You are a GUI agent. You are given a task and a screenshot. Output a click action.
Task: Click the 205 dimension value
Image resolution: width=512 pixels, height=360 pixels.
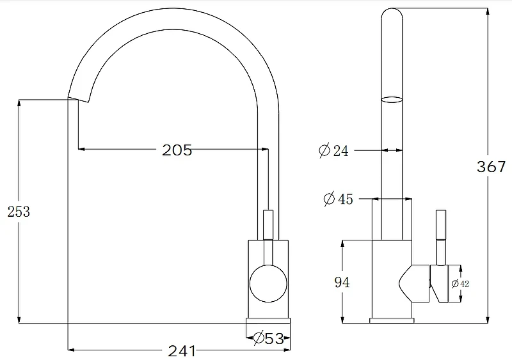click(177, 150)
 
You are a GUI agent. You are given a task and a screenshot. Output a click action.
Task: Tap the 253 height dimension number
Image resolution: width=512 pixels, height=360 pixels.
click(19, 212)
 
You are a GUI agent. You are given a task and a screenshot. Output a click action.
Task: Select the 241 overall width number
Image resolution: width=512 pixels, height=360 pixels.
click(182, 351)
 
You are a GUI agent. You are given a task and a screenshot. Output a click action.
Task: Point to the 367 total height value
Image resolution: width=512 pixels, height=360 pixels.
click(491, 167)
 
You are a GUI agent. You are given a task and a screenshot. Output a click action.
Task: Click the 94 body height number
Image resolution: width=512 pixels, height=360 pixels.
click(342, 283)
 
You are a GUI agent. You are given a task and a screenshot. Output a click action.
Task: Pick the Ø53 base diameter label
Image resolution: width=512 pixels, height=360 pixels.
click(268, 338)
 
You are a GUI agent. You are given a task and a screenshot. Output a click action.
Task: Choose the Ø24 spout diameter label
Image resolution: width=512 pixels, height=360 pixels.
click(333, 150)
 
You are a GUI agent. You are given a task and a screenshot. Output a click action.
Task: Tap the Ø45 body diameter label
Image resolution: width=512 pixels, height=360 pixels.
click(339, 199)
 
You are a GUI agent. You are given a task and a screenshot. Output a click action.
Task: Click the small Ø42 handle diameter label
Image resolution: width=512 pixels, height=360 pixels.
click(460, 284)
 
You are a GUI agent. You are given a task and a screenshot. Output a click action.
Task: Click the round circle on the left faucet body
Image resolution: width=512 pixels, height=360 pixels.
click(268, 283)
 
